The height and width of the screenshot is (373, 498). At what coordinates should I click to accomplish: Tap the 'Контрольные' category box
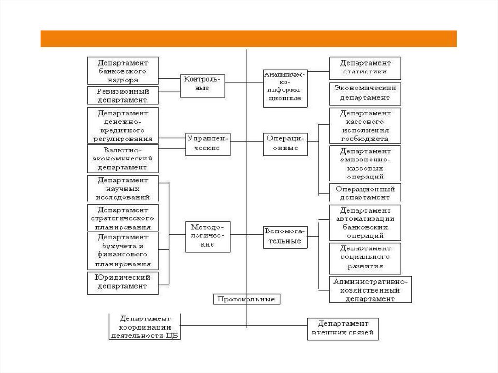[x=203, y=84]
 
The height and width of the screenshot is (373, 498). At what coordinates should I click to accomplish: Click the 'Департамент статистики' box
[x=365, y=68]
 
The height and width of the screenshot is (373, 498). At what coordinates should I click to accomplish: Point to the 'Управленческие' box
[x=208, y=143]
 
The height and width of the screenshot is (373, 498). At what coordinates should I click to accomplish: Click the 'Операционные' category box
[x=285, y=143]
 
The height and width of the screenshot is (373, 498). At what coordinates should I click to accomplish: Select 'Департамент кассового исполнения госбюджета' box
[x=365, y=125]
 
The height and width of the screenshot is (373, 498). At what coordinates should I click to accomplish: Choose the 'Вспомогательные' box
[x=285, y=237]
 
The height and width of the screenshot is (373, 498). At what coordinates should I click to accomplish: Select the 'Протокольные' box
[x=247, y=299]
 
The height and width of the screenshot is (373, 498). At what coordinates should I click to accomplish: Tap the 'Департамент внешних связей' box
[x=342, y=328]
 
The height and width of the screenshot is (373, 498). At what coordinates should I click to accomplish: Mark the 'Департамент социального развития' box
[x=365, y=258]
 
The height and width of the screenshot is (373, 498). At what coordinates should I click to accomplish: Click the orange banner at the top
[x=249, y=38]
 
